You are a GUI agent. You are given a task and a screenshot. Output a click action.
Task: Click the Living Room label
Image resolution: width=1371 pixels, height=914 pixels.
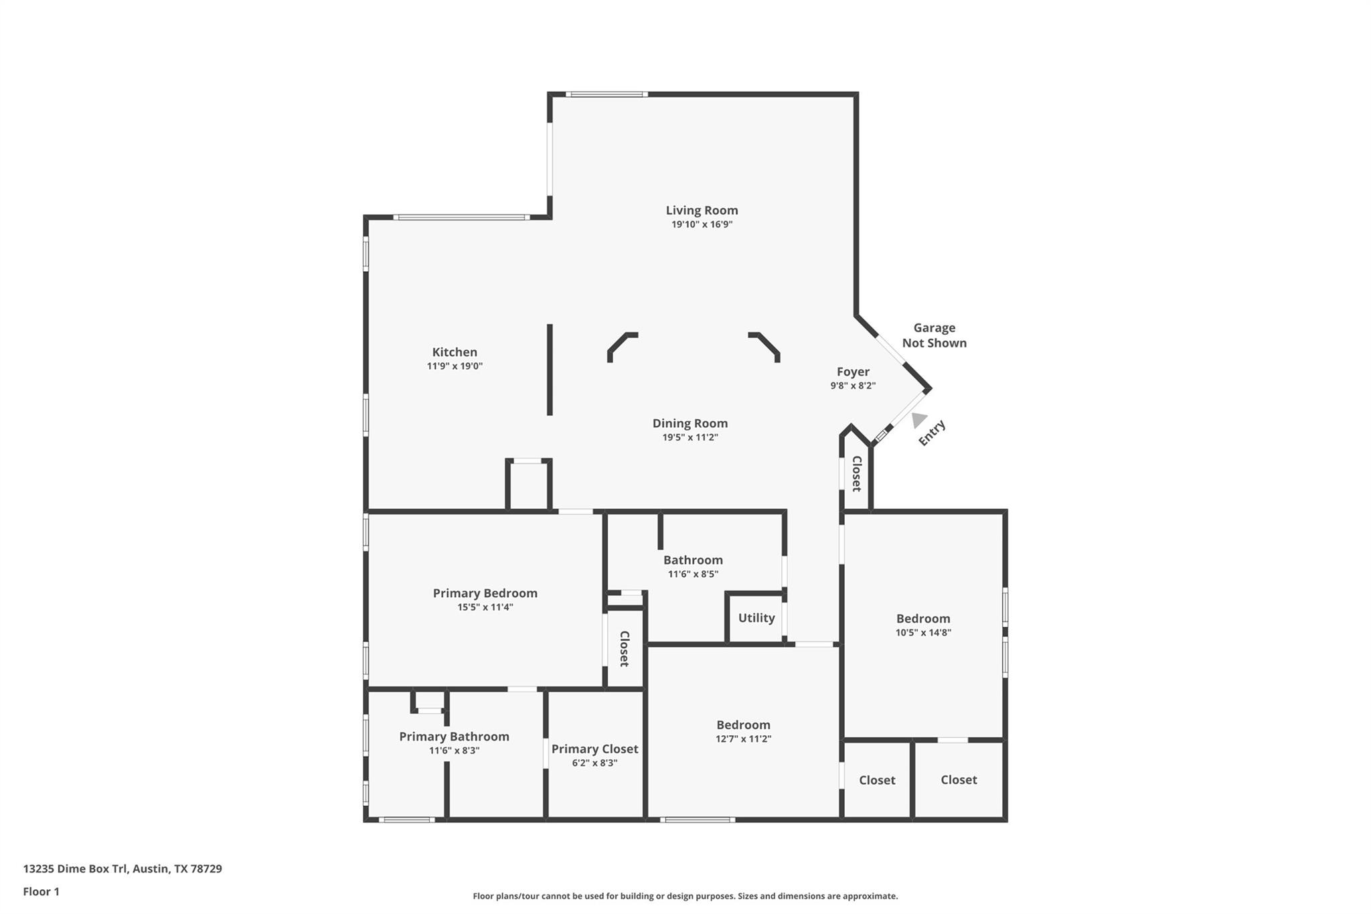tap(702, 210)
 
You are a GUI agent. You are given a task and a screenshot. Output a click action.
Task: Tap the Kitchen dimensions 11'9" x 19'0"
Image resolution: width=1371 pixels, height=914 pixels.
tap(455, 366)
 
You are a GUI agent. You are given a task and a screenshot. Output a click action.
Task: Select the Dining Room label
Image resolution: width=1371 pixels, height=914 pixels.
tap(690, 423)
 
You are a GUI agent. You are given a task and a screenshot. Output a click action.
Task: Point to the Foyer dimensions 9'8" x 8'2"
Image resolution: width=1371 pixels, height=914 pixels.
tap(853, 386)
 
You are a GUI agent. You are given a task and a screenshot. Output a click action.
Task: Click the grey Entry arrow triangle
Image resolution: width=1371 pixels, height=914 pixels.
tap(918, 419)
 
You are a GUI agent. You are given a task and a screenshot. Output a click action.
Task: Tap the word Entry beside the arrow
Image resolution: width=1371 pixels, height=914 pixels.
tap(932, 433)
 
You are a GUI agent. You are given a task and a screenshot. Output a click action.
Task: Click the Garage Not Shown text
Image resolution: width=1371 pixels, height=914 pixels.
tap(934, 335)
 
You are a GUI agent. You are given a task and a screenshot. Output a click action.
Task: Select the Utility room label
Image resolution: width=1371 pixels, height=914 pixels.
tap(756, 618)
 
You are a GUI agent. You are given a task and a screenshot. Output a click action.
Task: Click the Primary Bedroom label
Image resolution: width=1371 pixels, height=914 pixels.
tap(485, 593)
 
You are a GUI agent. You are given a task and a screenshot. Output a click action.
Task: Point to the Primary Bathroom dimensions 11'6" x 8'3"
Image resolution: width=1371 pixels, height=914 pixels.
tap(454, 751)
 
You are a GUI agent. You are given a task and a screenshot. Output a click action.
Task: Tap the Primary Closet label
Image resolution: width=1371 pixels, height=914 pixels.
tap(594, 749)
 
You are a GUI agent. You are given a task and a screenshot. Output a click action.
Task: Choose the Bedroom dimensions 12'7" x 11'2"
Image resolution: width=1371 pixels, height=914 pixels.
tap(743, 739)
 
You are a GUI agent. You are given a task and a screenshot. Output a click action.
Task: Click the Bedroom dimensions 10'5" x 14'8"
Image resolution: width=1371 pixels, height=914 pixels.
tap(923, 633)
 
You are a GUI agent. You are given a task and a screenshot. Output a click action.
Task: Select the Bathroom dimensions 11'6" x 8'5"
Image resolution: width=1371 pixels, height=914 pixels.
tap(693, 574)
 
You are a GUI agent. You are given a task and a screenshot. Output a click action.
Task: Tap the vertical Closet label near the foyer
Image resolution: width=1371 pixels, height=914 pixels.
tap(856, 473)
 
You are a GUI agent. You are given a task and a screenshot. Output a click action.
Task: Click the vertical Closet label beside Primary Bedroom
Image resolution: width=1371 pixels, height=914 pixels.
tap(624, 649)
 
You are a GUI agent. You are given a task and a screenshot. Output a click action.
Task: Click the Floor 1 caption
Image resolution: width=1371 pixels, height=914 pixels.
tap(42, 891)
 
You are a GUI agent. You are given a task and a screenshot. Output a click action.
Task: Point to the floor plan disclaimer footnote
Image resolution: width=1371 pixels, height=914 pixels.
tap(685, 896)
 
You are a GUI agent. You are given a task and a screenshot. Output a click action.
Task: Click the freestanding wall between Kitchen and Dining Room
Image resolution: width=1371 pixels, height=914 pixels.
tap(550, 370)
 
